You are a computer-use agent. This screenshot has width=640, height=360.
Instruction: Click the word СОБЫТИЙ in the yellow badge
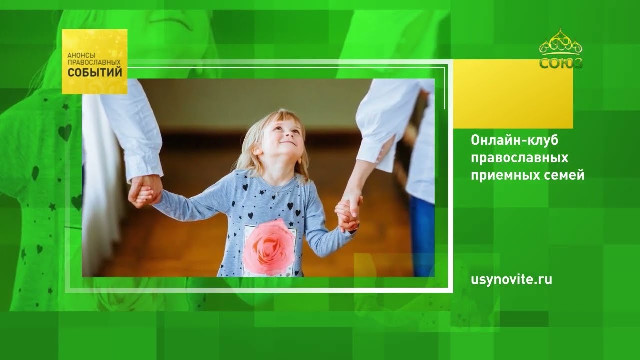pyautogui.click(x=95, y=73)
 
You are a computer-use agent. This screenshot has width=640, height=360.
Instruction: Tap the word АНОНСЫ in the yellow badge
pyautogui.click(x=81, y=55)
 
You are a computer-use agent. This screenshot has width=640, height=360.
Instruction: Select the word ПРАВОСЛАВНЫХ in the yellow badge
pyautogui.click(x=94, y=62)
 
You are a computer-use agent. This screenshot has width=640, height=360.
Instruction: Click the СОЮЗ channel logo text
pyautogui.click(x=561, y=63)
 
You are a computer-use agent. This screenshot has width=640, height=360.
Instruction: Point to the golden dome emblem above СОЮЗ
pyautogui.click(x=561, y=42)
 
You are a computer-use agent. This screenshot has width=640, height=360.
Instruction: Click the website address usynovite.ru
pyautogui.click(x=511, y=279)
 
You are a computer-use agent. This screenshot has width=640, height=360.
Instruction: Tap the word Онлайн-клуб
pyautogui.click(x=514, y=140)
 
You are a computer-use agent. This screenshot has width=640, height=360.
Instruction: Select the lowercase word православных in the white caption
pyautogui.click(x=519, y=158)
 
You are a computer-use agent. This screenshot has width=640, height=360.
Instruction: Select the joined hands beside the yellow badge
pyautogui.click(x=145, y=191)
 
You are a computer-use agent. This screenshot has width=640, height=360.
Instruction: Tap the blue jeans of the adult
pyautogui.click(x=422, y=236)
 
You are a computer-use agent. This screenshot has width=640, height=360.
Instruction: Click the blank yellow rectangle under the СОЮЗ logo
pyautogui.click(x=513, y=94)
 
